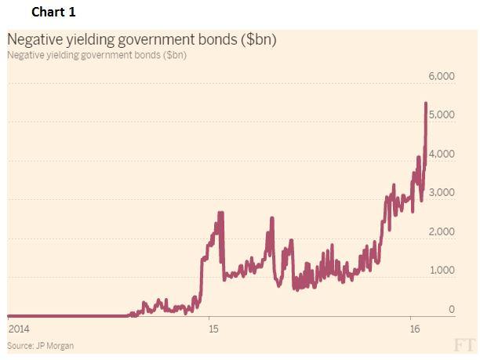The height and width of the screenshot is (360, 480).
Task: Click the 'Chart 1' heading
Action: tap(55, 13)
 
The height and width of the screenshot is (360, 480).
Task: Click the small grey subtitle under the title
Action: tap(96, 55)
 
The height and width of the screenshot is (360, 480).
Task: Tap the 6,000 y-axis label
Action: tap(441, 76)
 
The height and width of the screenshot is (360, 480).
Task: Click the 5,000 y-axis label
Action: tap(441, 115)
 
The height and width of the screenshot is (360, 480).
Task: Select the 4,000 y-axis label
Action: tap(441, 154)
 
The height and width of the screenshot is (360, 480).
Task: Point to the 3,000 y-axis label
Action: tap(441, 192)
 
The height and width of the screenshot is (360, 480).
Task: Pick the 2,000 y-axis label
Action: tap(441, 231)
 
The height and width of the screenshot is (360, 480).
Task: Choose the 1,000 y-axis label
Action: tap(441, 270)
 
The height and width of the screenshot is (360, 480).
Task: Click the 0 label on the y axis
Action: tap(451, 309)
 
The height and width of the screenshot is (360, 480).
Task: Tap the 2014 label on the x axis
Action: tap(18, 328)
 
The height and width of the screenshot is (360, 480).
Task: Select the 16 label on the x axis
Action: tap(413, 328)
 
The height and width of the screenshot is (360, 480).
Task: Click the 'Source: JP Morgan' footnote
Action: tap(41, 345)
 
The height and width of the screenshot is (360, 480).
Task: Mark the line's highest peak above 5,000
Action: tap(425, 103)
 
